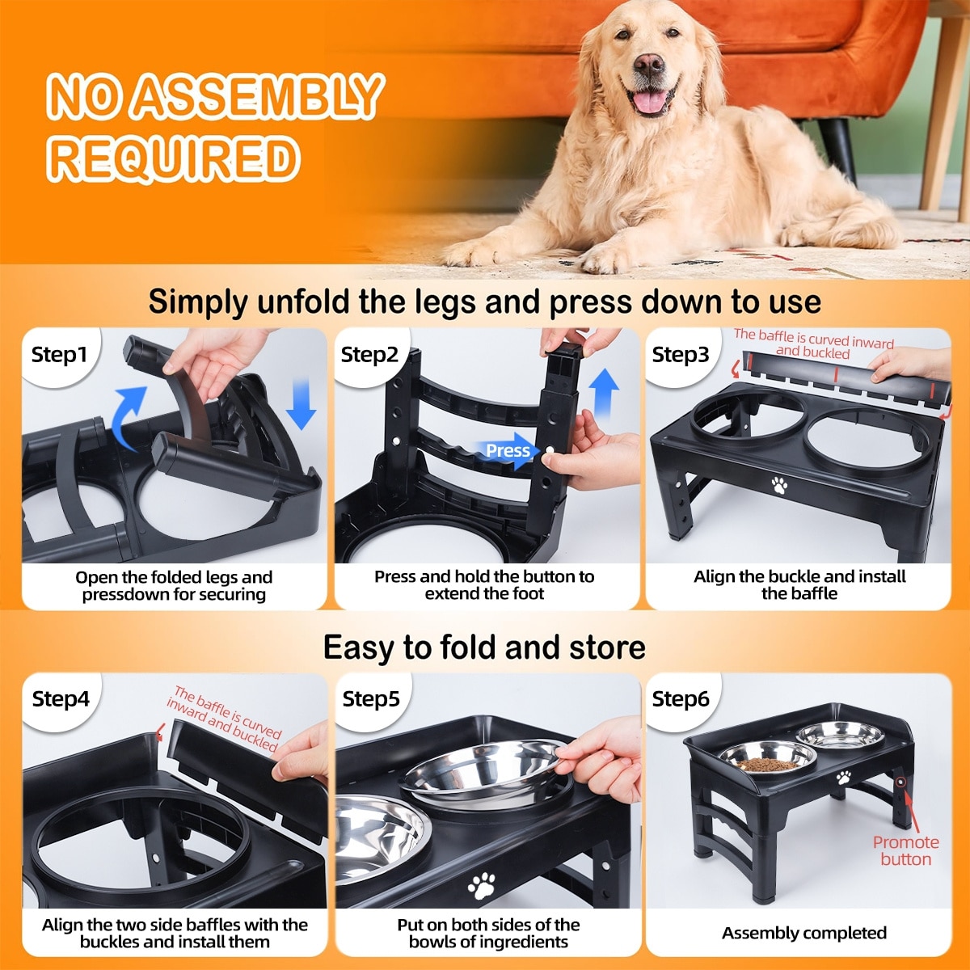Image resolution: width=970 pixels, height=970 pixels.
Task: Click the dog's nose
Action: (648, 65)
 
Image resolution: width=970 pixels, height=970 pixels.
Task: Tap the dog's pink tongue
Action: (650, 100)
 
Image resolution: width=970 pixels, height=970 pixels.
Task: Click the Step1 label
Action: (59, 355)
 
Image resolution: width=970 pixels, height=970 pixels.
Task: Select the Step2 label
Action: (369, 355)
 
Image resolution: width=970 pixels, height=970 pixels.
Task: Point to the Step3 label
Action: (681, 355)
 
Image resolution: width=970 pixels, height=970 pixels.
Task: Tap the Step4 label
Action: (61, 698)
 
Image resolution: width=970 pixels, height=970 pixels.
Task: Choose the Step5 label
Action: (371, 698)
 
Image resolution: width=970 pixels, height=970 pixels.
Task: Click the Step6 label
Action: (681, 698)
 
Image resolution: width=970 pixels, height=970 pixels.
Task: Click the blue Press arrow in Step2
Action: (508, 450)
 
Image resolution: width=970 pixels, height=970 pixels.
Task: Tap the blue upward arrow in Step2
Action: (604, 393)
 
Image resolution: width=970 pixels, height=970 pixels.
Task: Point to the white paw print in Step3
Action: (779, 485)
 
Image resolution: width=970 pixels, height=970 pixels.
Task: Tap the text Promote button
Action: (905, 850)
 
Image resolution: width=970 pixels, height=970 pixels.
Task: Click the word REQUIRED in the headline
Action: (174, 158)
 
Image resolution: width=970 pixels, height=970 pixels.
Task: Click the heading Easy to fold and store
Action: (484, 647)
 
